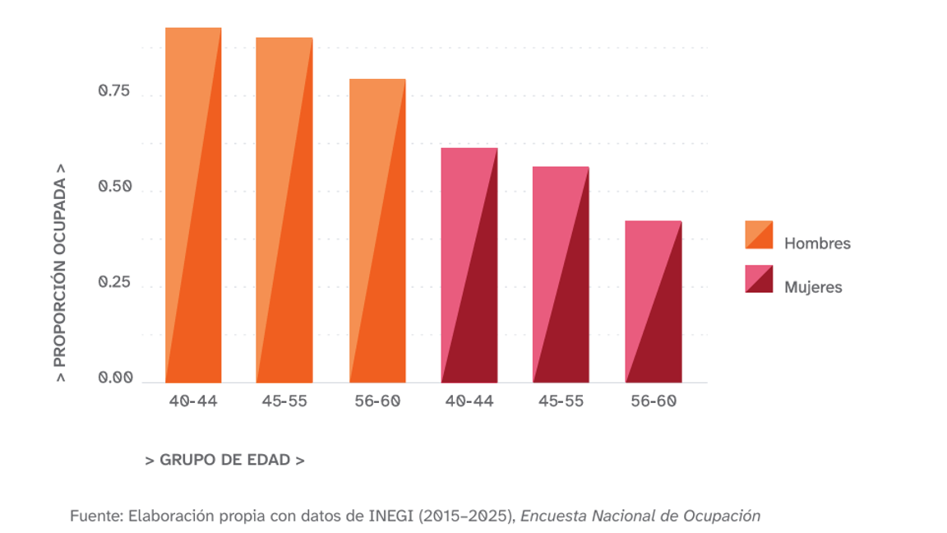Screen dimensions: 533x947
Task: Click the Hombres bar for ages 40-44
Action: [193, 206]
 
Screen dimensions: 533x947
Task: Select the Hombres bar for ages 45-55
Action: [284, 211]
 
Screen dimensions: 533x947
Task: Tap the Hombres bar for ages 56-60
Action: [377, 231]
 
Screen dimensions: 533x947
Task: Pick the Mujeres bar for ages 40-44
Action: [469, 266]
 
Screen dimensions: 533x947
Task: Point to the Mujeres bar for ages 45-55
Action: [561, 275]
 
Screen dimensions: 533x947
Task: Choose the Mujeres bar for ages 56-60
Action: [654, 302]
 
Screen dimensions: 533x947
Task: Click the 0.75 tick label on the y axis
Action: [114, 91]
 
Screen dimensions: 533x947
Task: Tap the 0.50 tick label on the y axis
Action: [114, 187]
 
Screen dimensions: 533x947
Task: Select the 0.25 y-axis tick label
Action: [114, 283]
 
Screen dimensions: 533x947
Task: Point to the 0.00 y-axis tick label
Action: [114, 378]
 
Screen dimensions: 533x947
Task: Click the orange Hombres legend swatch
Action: [759, 234]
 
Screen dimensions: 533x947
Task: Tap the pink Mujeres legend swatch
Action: [759, 279]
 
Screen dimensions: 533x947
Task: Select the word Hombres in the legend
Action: [817, 243]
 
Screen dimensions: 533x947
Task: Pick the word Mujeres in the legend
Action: [813, 287]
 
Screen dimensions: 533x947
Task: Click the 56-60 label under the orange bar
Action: [377, 401]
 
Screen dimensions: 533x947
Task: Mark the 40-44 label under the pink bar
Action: [469, 401]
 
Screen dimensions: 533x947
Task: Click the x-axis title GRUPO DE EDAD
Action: [224, 461]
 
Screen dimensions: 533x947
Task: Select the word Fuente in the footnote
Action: [95, 517]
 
